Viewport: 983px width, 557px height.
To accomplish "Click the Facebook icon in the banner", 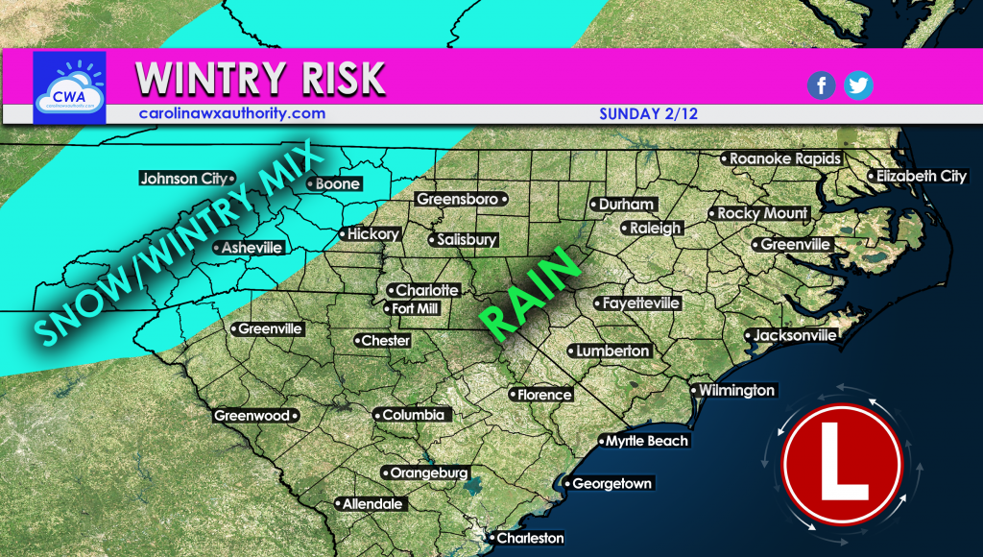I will click(821, 85).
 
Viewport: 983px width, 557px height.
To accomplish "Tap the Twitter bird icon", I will click(858, 85).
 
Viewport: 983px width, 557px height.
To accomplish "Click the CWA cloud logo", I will click(68, 87).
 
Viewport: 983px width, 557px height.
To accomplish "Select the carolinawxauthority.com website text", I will click(230, 113).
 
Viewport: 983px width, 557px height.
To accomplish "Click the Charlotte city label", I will click(427, 290).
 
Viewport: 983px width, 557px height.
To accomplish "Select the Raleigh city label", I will click(657, 229).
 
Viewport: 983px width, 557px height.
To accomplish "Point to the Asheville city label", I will click(252, 248).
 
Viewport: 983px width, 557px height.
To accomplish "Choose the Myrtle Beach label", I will click(646, 441).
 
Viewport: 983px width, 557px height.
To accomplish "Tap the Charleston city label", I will click(529, 538).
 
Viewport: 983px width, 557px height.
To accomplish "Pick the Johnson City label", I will click(183, 178).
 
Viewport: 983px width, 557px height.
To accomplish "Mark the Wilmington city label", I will click(736, 390).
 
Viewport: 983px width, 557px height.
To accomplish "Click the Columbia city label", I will click(413, 415).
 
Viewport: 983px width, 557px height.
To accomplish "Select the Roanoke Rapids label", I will click(785, 158).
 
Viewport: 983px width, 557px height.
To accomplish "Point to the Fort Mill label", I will click(417, 308).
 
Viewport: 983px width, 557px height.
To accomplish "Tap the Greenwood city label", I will click(252, 416).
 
